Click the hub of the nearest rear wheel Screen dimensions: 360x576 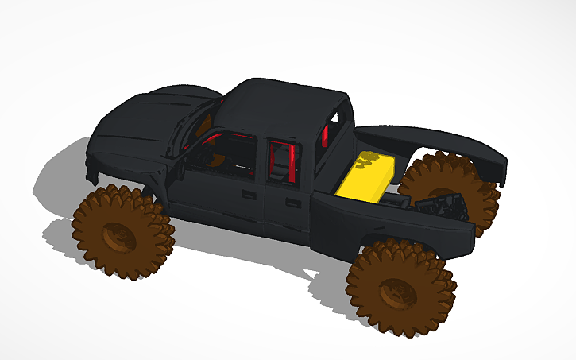tap(396, 291)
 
